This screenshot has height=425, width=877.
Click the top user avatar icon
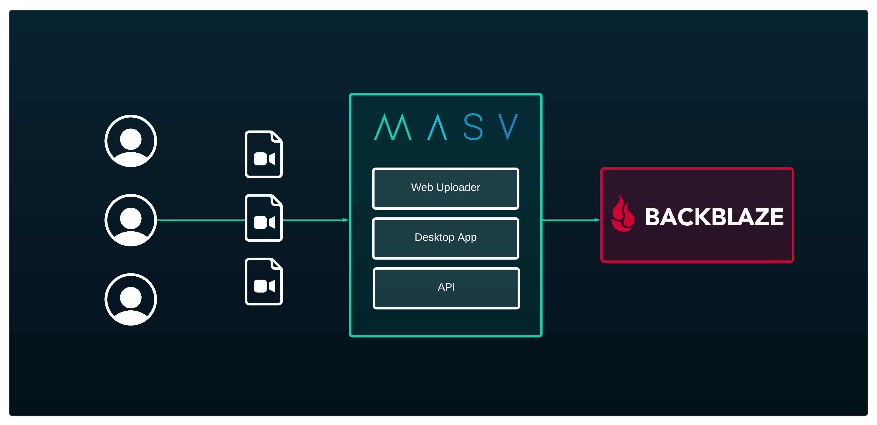point(131,141)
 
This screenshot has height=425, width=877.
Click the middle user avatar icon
point(131,220)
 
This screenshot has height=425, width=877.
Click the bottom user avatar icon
point(131,299)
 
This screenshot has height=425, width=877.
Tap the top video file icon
point(264,154)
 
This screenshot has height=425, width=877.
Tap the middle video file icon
point(264,218)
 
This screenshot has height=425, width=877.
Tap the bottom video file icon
point(264,281)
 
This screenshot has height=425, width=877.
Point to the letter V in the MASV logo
point(508,127)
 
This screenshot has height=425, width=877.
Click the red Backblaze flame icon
point(623,214)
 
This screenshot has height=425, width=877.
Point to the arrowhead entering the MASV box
point(346,220)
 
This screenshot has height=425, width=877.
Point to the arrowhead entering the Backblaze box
point(597,220)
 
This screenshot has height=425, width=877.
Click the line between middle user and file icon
point(201,220)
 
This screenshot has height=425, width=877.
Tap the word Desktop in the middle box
point(434,237)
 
